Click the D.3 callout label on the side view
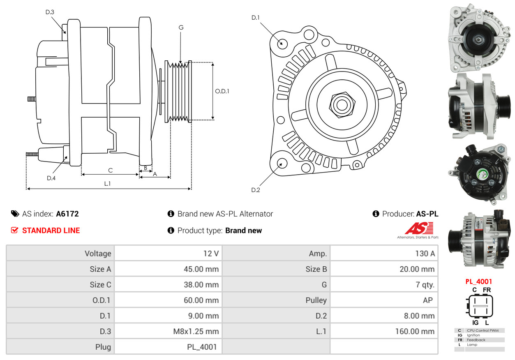pyautogui.click(x=50, y=12)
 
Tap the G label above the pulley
pyautogui.click(x=181, y=28)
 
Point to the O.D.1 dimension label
pyautogui.click(x=222, y=91)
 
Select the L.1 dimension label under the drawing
pyautogui.click(x=107, y=184)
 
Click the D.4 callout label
pyautogui.click(x=51, y=178)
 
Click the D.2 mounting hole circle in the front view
pyautogui.click(x=282, y=163)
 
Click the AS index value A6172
pyautogui.click(x=67, y=214)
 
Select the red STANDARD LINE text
pyautogui.click(x=51, y=231)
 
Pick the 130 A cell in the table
pyautogui.click(x=425, y=254)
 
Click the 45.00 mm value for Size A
pyautogui.click(x=201, y=269)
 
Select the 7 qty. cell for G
pyautogui.click(x=425, y=285)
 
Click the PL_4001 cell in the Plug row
pyautogui.click(x=202, y=347)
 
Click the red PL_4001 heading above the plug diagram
pyautogui.click(x=478, y=282)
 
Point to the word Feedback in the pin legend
pyautogui.click(x=476, y=340)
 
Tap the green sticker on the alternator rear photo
pyautogui.click(x=481, y=174)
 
